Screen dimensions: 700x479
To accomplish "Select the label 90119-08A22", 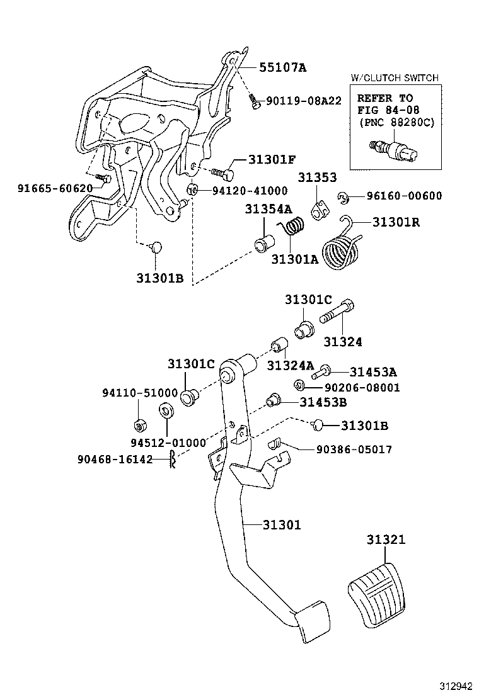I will [303, 100].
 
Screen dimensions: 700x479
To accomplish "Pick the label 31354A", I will [268, 209].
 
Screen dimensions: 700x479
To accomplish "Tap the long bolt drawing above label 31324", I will [338, 312].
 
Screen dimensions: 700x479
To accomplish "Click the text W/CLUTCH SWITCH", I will [394, 78].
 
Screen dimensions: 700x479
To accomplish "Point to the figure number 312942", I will [454, 684].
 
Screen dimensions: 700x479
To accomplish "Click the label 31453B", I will [323, 402].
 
